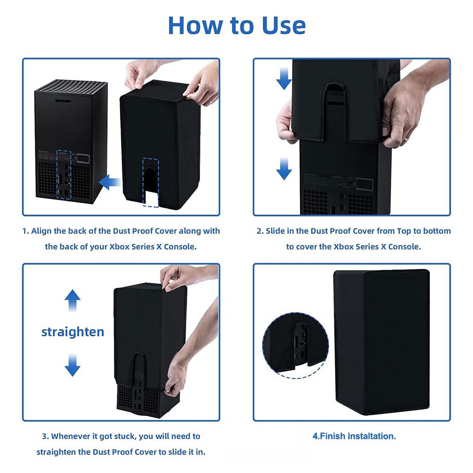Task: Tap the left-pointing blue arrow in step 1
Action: point(110,182)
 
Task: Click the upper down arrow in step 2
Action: point(284,78)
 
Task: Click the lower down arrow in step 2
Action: point(284,169)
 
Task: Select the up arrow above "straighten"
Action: point(72,301)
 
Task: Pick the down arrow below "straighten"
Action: point(72,365)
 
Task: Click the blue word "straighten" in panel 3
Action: point(73,332)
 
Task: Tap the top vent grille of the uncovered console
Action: point(71,87)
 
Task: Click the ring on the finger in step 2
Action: point(406,138)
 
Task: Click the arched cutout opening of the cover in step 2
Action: point(335,100)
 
